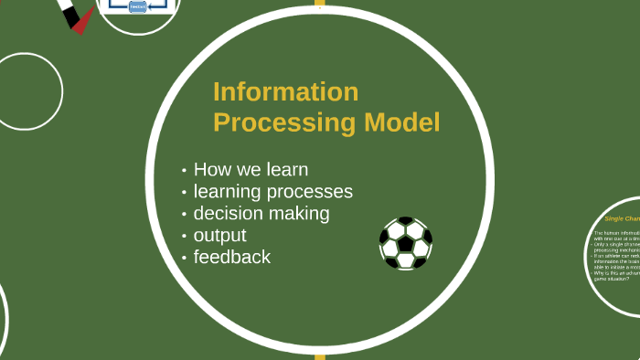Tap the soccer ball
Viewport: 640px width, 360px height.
click(406, 243)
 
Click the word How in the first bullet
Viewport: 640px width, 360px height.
click(213, 170)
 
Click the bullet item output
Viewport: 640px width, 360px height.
click(220, 236)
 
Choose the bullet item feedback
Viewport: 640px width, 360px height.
click(232, 258)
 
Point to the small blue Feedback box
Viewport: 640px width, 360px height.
click(137, 5)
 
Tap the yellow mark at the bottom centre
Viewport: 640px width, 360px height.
click(320, 356)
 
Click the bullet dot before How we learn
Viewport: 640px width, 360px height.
click(185, 171)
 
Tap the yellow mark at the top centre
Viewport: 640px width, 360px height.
click(320, 3)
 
